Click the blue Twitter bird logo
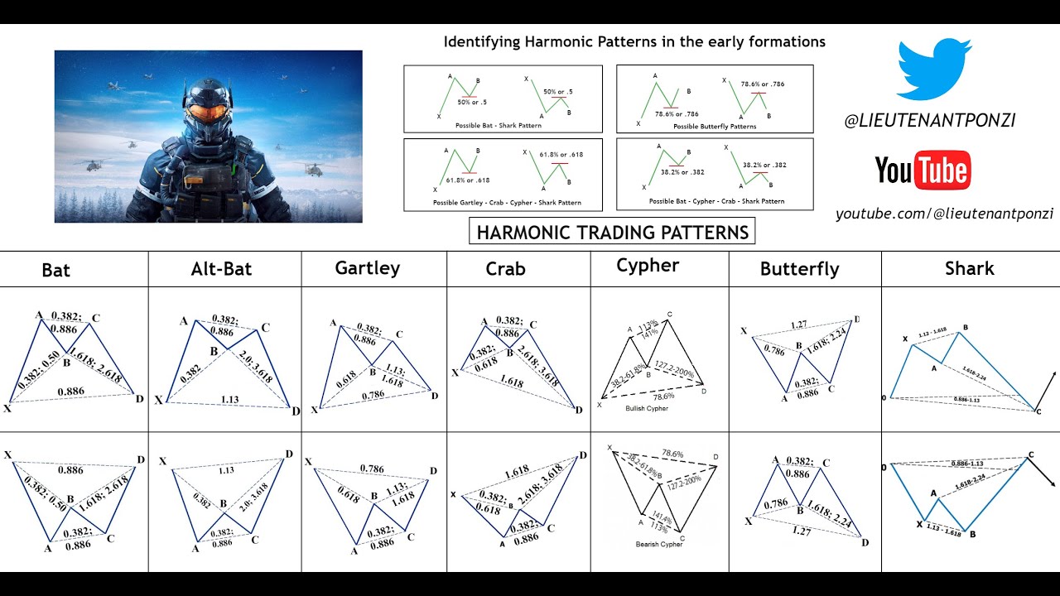(x=935, y=70)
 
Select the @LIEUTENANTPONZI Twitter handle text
(x=929, y=121)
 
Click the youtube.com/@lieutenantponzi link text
(x=944, y=214)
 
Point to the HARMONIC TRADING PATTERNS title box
(x=613, y=232)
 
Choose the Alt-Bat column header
(x=221, y=268)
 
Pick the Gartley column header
(x=367, y=267)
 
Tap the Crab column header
(x=505, y=269)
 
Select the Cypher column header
(x=648, y=265)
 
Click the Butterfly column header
(x=799, y=269)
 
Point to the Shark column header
(x=969, y=268)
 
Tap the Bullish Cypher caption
(x=646, y=408)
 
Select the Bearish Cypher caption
(x=658, y=544)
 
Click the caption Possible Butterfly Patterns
(x=715, y=127)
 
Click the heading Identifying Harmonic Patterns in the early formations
(x=634, y=41)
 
